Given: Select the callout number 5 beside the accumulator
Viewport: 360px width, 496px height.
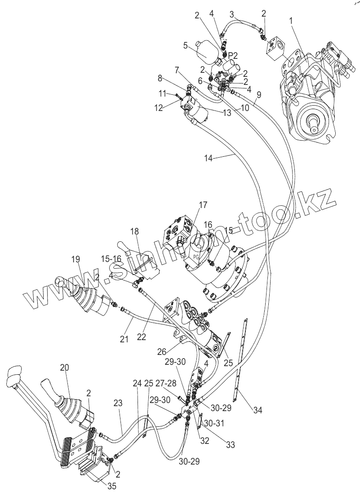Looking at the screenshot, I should coord(185,45).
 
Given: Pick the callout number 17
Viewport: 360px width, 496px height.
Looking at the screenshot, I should coord(203,205).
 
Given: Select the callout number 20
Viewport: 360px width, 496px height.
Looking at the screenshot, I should coord(65,368).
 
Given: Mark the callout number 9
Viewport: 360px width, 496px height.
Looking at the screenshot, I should coord(258,95).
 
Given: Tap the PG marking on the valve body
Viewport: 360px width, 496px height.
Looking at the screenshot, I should coord(196,257).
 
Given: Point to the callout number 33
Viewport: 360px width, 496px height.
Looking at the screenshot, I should coord(230,445).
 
